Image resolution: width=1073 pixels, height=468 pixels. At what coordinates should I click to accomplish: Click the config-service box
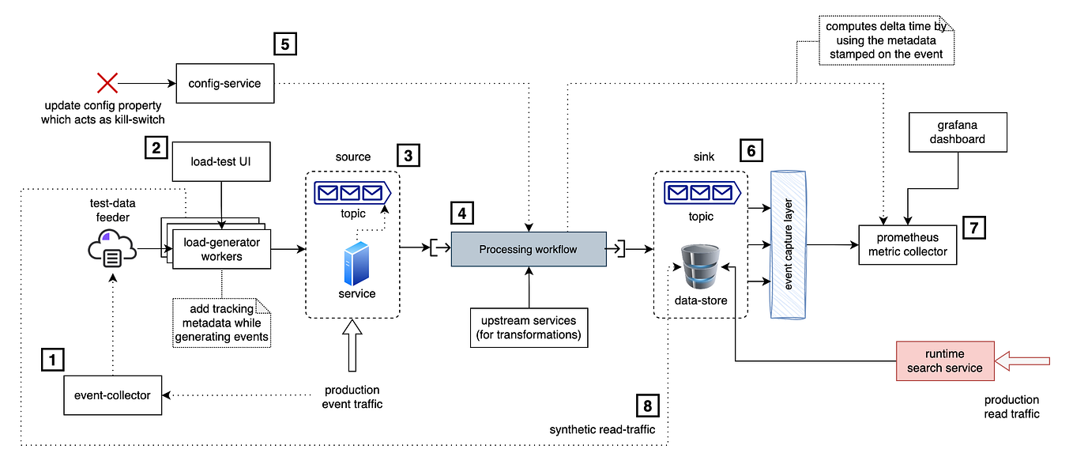pos(224,83)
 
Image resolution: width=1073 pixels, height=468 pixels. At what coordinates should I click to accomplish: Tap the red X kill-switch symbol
pos(107,83)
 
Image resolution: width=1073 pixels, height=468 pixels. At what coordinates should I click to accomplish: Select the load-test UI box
pos(221,163)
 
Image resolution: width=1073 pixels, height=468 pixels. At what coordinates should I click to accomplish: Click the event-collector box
pos(112,394)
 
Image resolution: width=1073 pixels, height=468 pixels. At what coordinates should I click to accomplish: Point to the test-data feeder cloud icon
pos(111,249)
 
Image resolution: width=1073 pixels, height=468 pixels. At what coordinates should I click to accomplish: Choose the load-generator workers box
pos(221,249)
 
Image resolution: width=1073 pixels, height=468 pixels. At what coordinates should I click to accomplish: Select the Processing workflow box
pos(528,249)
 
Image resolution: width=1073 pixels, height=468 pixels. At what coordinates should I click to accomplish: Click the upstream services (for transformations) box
pos(528,326)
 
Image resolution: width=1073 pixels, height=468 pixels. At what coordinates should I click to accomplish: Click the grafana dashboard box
pos(958,132)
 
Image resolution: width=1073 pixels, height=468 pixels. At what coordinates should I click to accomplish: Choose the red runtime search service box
pos(944,361)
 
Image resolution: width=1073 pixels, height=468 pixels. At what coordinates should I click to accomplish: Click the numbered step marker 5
pos(285,43)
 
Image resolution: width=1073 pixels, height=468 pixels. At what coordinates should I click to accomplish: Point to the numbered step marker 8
pos(648,406)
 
